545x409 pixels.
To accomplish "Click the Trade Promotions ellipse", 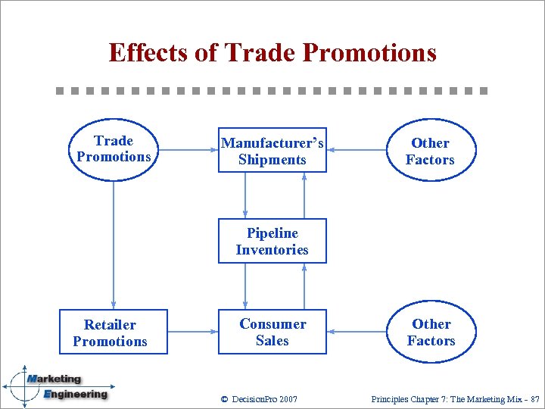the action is click(114, 149).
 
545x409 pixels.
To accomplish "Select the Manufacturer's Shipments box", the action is click(272, 150).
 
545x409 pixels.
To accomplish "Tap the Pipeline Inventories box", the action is click(272, 242).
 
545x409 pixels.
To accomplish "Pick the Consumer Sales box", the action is click(272, 332).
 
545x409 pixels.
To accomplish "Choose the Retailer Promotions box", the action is click(110, 333).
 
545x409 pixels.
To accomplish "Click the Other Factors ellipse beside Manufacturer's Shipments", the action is click(430, 151).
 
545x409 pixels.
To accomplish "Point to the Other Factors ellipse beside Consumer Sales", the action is click(431, 332).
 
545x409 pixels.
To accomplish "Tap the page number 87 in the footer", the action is click(534, 399).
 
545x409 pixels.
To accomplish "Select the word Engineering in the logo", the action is click(75, 394).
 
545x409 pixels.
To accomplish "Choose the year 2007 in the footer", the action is click(288, 399).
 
